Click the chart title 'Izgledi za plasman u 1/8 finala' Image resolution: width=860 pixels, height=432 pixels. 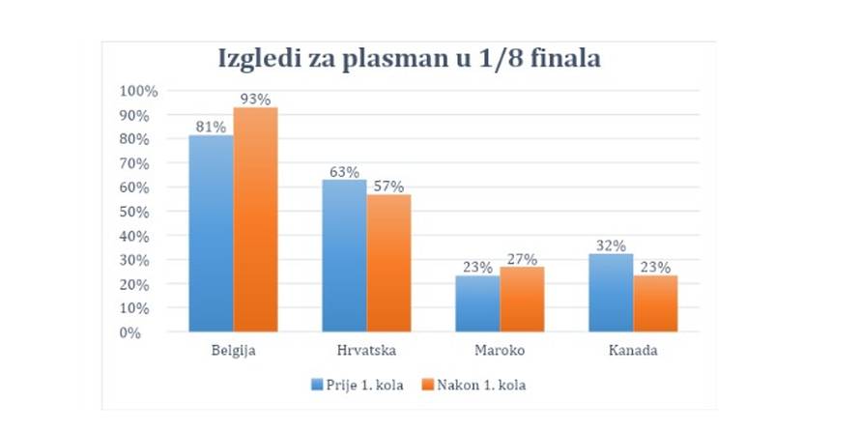[411, 60]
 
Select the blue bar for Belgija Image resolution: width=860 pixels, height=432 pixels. [211, 234]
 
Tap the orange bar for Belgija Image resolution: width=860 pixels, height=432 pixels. [255, 219]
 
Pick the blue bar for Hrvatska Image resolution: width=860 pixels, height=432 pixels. [344, 256]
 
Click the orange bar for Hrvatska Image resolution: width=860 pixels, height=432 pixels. [388, 263]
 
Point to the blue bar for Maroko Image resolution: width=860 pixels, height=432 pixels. [477, 303]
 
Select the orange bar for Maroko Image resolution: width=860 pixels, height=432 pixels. [522, 299]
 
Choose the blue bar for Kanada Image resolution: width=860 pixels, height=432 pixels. [611, 293]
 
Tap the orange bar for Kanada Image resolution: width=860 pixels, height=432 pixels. [655, 303]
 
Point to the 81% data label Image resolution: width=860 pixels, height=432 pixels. [211, 127]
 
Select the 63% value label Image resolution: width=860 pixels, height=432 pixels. [345, 171]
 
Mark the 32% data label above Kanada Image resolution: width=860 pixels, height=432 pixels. [612, 245]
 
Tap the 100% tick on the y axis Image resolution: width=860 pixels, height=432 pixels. [137, 91]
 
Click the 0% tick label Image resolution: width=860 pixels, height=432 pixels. [145, 332]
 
